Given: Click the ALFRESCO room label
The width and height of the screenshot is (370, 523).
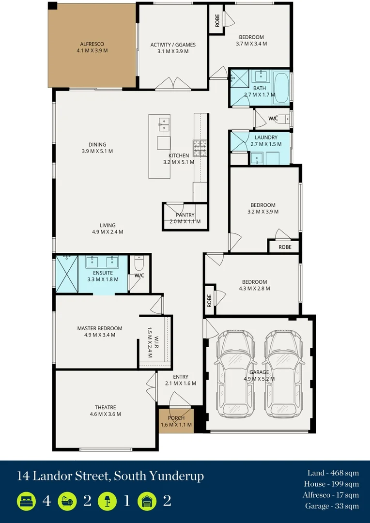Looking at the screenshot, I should [92, 44].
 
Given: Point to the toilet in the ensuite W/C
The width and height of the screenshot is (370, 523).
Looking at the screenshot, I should [139, 264].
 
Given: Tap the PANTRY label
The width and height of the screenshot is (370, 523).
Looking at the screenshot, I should [185, 215].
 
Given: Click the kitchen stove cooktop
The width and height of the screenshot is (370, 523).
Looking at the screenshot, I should [200, 148].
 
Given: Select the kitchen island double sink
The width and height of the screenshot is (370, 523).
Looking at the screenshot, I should [164, 124].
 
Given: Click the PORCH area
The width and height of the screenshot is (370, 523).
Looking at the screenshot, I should [176, 421].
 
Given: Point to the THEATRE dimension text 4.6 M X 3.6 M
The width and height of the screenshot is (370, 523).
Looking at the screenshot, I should [105, 414].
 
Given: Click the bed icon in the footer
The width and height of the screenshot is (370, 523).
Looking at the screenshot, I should [26, 501].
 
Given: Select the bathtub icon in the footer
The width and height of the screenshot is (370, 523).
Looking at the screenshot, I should [66, 501].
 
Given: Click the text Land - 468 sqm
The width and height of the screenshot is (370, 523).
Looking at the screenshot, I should [333, 473].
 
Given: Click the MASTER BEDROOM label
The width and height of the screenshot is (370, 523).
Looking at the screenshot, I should [100, 328].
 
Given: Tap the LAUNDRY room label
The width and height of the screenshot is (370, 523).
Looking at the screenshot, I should [266, 138].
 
